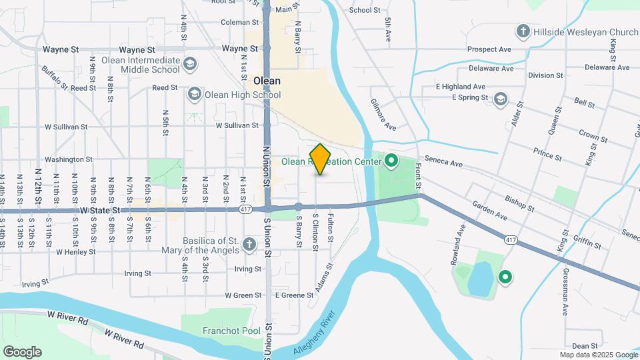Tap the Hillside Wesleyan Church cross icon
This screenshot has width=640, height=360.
point(523,31)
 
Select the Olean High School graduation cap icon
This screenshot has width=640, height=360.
point(195,93)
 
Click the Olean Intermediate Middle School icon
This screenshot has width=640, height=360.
point(190,64)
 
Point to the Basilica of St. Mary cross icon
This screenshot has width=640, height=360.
point(249,245)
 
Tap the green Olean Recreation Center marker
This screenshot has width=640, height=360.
point(391,161)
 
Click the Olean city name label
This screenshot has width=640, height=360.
point(267,81)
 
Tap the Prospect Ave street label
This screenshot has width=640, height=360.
point(489,49)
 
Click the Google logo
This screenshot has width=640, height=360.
point(21,351)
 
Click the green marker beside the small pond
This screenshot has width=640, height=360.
point(505,277)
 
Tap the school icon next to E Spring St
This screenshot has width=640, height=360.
point(500,100)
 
